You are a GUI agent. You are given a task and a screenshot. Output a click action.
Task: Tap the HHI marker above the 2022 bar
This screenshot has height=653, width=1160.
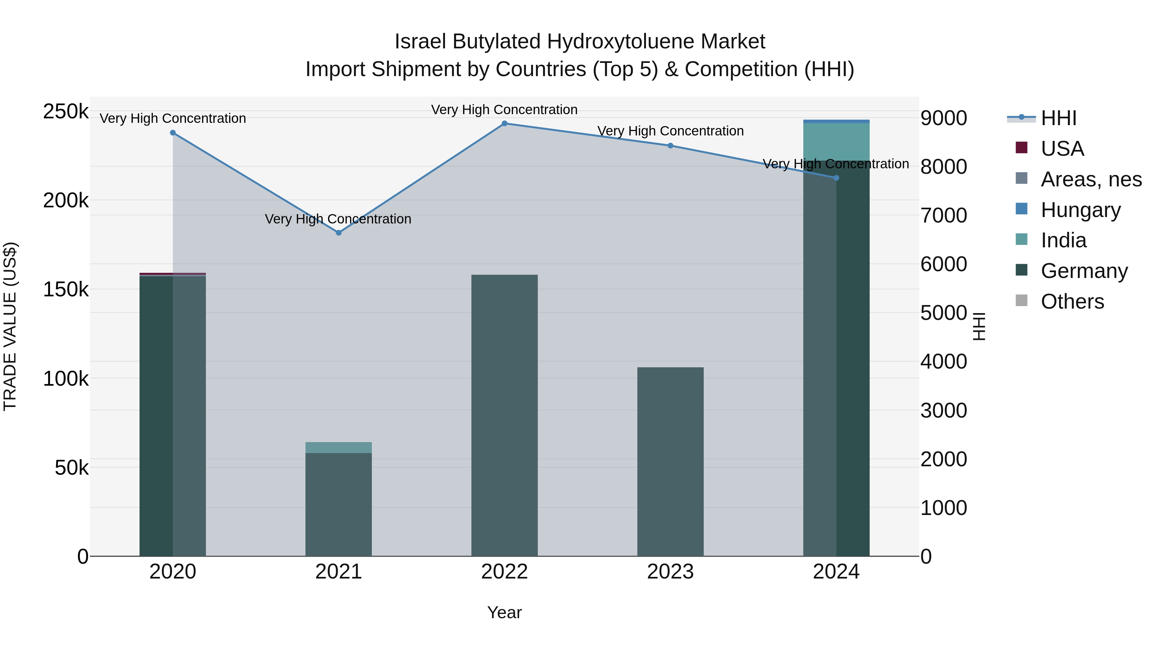pyautogui.click(x=504, y=124)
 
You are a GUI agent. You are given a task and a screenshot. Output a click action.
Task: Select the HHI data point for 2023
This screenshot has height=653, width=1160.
pyautogui.click(x=670, y=145)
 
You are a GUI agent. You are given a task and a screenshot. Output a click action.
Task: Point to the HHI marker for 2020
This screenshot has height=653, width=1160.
pyautogui.click(x=173, y=133)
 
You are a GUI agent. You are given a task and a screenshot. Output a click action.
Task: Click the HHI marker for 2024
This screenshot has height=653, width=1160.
pyautogui.click(x=836, y=178)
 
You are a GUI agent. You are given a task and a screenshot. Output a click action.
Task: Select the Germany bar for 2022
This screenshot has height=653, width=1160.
pyautogui.click(x=504, y=415)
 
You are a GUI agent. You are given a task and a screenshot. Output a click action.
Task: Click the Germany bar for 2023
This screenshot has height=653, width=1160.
pyautogui.click(x=670, y=460)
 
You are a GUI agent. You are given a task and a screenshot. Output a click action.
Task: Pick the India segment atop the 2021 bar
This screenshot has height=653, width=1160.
pyautogui.click(x=339, y=448)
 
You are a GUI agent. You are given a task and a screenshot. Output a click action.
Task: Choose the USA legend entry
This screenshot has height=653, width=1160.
pyautogui.click(x=1062, y=149)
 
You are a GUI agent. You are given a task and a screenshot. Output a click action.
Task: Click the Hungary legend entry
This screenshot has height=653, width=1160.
pyautogui.click(x=1080, y=210)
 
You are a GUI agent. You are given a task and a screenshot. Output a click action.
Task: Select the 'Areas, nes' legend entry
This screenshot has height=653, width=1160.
pyautogui.click(x=1091, y=179)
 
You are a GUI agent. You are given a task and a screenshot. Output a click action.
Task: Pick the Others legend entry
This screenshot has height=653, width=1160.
pyautogui.click(x=1072, y=302)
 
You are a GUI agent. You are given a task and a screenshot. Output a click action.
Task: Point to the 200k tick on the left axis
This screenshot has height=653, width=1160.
pyautogui.click(x=66, y=200)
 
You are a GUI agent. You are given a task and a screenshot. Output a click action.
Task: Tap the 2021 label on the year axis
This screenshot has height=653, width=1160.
pyautogui.click(x=339, y=572)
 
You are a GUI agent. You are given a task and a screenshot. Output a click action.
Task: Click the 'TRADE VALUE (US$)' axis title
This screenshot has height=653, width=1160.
pyautogui.click(x=10, y=326)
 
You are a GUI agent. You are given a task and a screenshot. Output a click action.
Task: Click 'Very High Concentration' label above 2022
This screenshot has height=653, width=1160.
pyautogui.click(x=504, y=110)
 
